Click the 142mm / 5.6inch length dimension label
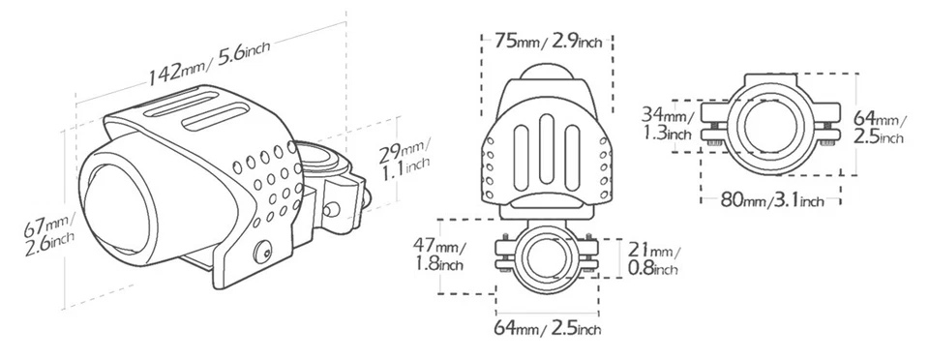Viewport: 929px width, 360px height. [209, 63]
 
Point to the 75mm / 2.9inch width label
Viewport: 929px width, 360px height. [548, 41]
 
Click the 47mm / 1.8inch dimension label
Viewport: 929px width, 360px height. [439, 254]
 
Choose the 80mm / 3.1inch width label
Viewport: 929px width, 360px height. [771, 200]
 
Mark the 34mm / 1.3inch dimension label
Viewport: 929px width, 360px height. [668, 124]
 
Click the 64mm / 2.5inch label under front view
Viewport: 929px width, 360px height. [548, 327]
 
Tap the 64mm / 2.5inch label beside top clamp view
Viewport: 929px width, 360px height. [880, 128]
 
